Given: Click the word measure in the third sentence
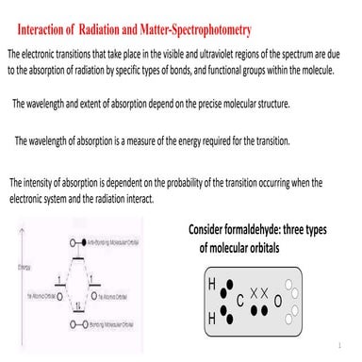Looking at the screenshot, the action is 140,140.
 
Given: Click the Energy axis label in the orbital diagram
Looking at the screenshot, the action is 11,268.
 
